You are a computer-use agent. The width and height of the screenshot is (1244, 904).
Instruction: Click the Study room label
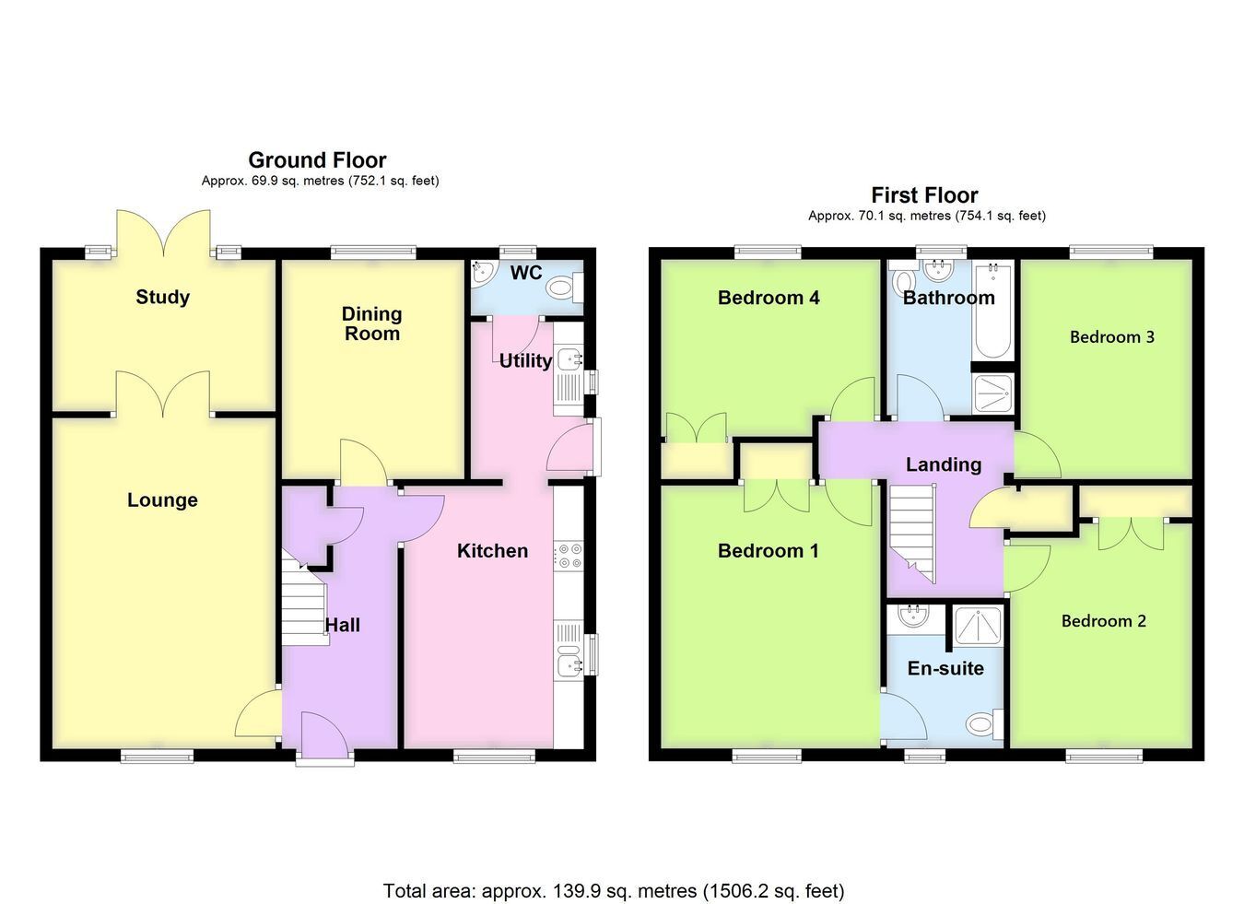click(163, 297)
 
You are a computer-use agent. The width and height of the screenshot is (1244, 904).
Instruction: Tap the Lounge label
click(163, 500)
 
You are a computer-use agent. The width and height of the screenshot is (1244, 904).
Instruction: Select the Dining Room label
click(372, 323)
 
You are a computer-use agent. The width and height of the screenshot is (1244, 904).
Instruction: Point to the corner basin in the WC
click(483, 272)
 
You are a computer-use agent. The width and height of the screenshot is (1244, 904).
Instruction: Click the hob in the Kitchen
click(569, 556)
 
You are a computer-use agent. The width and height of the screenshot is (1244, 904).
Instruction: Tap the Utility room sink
click(569, 359)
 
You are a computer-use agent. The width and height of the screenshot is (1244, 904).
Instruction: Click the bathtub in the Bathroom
click(993, 311)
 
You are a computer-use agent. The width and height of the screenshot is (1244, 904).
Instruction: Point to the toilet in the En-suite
click(985, 724)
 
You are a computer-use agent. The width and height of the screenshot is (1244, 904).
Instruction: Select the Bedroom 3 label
click(1112, 337)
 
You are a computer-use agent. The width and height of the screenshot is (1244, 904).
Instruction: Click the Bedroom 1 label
click(769, 551)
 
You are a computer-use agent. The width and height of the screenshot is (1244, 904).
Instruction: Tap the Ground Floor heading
click(317, 160)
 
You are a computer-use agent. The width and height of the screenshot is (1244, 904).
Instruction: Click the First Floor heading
click(924, 195)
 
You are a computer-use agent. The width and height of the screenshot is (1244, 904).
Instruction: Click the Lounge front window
click(158, 756)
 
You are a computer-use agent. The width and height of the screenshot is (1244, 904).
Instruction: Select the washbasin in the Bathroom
click(940, 270)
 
